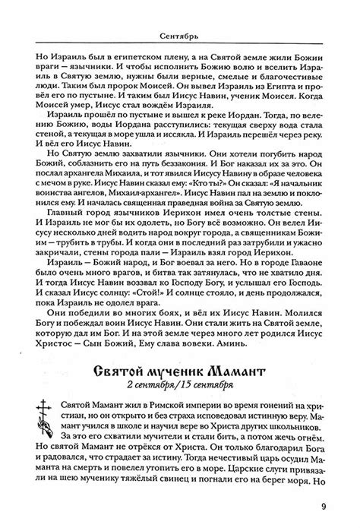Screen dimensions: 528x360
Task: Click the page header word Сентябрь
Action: coord(179,36)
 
